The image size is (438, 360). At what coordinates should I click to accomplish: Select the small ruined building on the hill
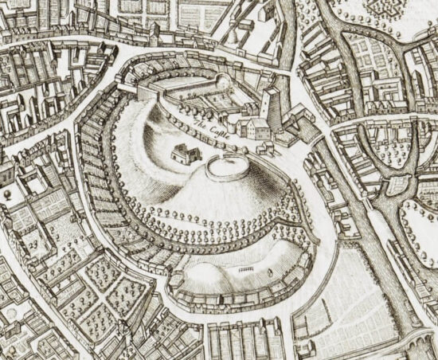tap(185, 155)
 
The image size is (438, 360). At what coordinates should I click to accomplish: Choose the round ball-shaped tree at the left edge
tap(6, 193)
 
